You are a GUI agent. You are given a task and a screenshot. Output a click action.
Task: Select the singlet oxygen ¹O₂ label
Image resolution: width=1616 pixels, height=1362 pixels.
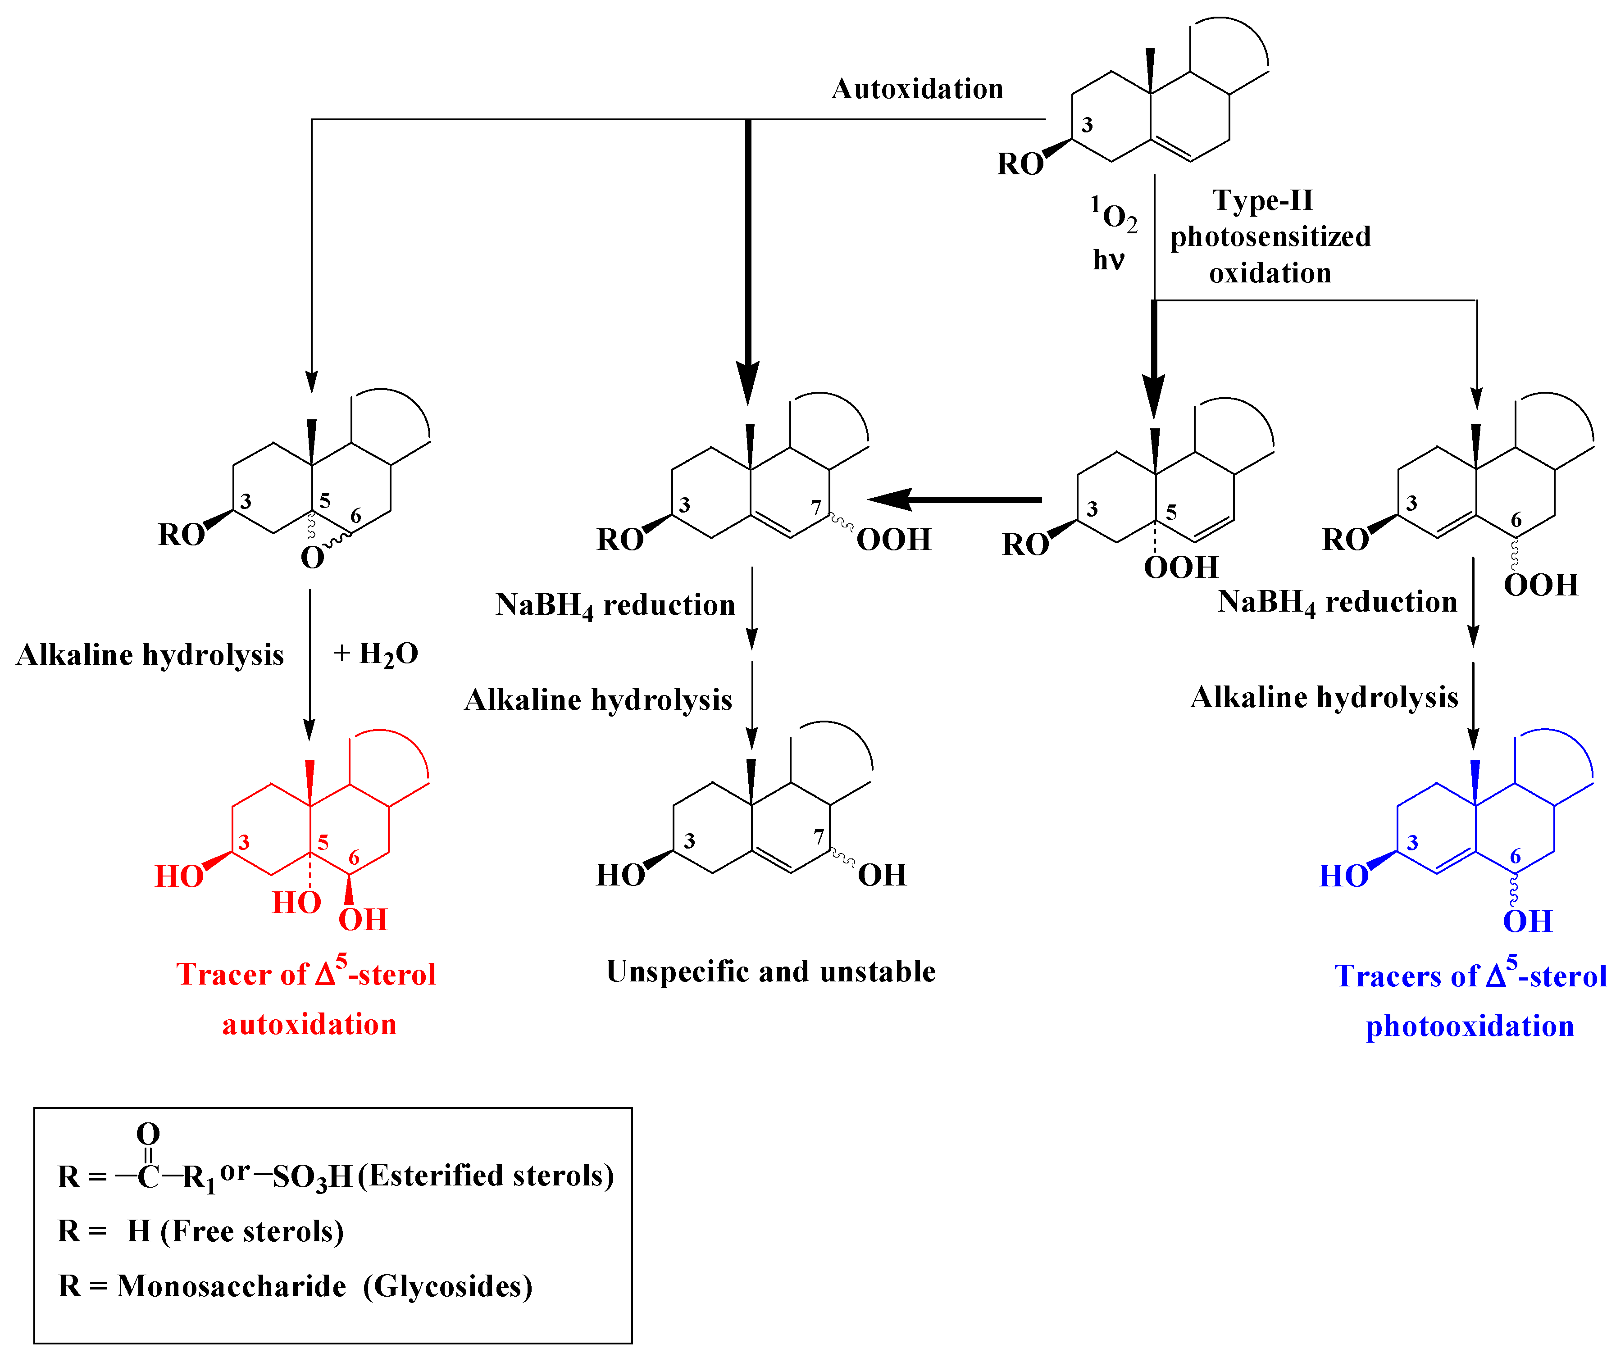[x=1113, y=215]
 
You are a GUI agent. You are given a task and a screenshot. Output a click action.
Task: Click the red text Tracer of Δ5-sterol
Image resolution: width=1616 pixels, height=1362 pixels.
[x=306, y=974]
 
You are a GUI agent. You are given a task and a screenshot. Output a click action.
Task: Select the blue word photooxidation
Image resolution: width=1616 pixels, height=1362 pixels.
[x=1469, y=1026]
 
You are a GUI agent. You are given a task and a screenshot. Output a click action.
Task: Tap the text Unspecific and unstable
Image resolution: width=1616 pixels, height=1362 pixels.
[x=770, y=972]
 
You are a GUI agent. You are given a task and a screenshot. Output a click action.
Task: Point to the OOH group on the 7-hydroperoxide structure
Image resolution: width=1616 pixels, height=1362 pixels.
[x=893, y=540]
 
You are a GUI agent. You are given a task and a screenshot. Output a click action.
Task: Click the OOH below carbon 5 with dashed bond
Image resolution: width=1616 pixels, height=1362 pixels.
[x=1180, y=567]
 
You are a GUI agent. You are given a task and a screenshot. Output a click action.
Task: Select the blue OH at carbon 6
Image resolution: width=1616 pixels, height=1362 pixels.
[x=1526, y=921]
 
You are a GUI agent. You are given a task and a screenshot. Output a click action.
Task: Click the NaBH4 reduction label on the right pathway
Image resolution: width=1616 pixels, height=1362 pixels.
[x=1337, y=602]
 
